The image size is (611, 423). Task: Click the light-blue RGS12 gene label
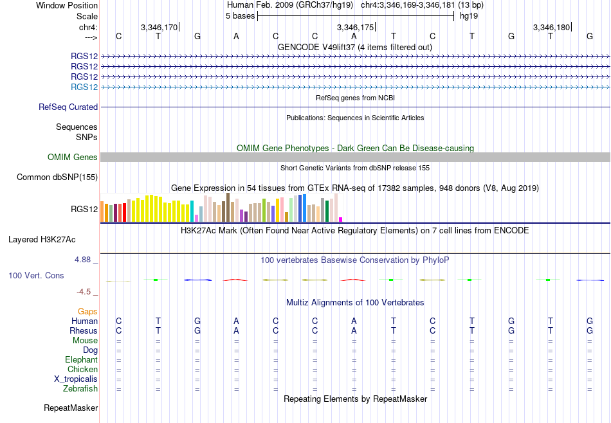84,87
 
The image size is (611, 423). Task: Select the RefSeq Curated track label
68,107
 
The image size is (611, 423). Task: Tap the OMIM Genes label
73,157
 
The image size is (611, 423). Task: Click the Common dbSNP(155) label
57,177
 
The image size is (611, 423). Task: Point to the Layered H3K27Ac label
42,240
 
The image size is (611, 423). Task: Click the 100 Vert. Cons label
36,275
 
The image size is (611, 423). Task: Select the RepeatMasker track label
71,408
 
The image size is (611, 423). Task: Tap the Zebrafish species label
80,388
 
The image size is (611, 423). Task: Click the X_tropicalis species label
76,379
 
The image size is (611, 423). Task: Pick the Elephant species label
82,359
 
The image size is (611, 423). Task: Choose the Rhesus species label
84,330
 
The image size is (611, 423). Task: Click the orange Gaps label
87,311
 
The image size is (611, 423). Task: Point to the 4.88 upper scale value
82,260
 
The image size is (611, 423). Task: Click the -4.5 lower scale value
84,292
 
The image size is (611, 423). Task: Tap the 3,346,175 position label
355,27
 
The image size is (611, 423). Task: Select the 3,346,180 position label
551,27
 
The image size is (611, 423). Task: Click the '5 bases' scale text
240,16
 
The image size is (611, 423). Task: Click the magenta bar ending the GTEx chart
341,220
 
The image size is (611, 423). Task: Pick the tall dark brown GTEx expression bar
228,208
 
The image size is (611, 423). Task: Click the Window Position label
67,5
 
